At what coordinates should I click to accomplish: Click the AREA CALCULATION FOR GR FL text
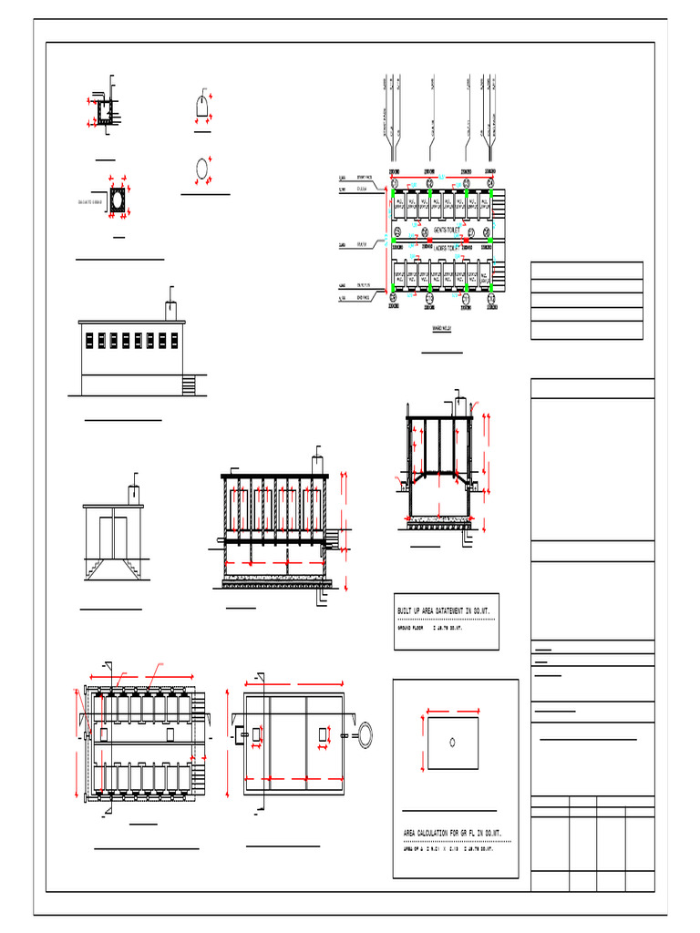tap(452, 833)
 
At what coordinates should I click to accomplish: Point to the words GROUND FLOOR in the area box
tap(410, 628)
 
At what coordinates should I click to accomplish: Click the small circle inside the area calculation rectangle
tap(454, 741)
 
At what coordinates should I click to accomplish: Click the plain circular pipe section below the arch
tap(201, 170)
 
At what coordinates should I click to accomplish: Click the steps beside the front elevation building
tap(190, 385)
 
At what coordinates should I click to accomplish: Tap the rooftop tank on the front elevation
tap(171, 310)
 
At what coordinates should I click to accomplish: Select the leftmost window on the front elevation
tap(90, 341)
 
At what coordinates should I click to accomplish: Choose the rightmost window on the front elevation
tap(173, 341)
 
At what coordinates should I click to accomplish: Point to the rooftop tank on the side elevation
tap(133, 495)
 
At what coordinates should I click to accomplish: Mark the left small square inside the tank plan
tap(257, 734)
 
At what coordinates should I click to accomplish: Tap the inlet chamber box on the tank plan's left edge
tap(240, 733)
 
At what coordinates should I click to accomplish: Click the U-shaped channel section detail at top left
tap(105, 112)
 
